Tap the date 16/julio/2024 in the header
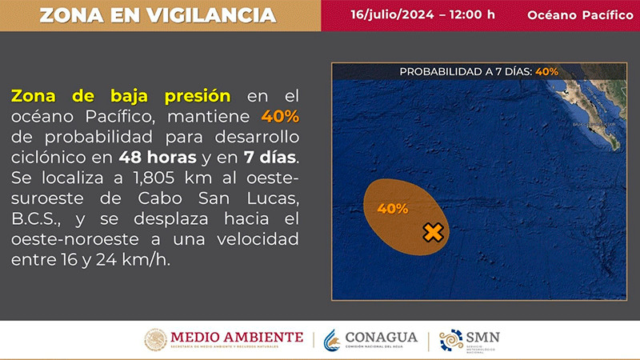(x=386, y=15)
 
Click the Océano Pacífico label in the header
(x=575, y=15)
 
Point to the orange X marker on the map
(x=432, y=233)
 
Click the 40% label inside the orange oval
(x=393, y=209)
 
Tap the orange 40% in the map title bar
(x=547, y=72)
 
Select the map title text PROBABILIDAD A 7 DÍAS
(x=466, y=72)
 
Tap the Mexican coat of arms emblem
(x=156, y=340)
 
